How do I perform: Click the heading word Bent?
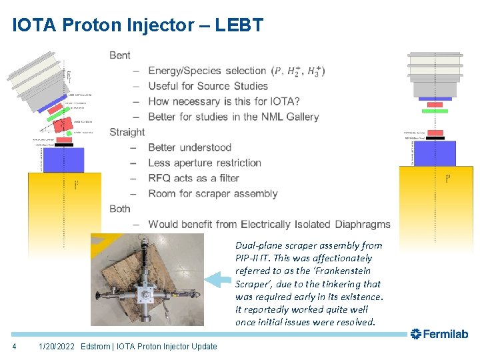tap(120, 55)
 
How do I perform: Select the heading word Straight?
tap(127, 132)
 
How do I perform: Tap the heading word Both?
tap(120, 209)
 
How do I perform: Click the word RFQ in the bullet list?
tap(160, 178)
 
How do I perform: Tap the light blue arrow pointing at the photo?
tap(217, 278)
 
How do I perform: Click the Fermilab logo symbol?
tap(416, 333)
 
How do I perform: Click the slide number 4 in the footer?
tap(14, 346)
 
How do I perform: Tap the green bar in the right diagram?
tap(435, 111)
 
